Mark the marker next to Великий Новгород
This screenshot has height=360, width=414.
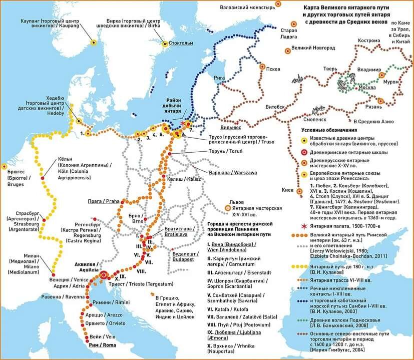(x=287, y=50)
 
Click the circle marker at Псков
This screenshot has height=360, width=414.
(x=262, y=66)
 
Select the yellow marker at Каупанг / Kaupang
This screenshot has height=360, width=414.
(x=93, y=42)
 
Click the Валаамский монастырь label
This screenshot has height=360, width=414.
(x=248, y=8)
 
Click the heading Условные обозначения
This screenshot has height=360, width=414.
(x=329, y=130)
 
